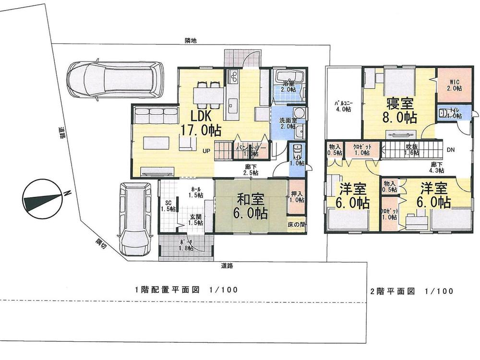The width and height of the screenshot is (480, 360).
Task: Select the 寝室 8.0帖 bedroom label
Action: [x=398, y=110]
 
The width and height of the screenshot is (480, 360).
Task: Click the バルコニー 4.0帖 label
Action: [x=343, y=106]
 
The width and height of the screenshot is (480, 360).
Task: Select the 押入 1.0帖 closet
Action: [x=296, y=197]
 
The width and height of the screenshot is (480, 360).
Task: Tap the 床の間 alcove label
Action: [x=297, y=225]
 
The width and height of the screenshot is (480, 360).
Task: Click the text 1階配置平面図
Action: [x=167, y=290]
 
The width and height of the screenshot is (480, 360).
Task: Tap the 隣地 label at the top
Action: [x=191, y=41]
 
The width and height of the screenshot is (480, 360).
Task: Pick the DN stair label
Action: [x=451, y=149]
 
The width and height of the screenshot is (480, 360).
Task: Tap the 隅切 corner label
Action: [x=100, y=243]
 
